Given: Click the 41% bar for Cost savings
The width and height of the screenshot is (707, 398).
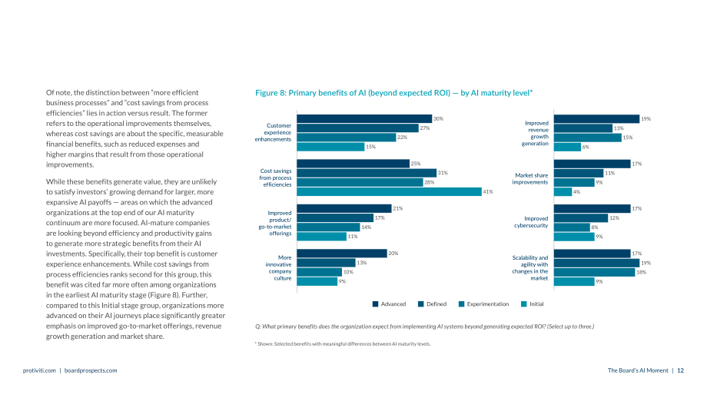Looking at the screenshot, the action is pyautogui.click(x=389, y=191).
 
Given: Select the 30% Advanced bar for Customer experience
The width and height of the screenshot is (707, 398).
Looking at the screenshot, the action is pyautogui.click(x=364, y=118).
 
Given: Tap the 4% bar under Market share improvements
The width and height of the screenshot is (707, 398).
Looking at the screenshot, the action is pyautogui.click(x=563, y=191).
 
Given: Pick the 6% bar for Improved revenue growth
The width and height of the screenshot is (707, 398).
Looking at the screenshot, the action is pyautogui.click(x=568, y=147).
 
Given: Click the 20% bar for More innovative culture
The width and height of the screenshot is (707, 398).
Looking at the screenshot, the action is pyautogui.click(x=342, y=254).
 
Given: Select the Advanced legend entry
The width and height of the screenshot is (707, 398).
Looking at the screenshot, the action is pyautogui.click(x=389, y=304).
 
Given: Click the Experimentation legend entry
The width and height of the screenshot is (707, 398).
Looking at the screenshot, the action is pyautogui.click(x=484, y=304).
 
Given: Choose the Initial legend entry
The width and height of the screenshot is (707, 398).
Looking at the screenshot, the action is pyautogui.click(x=533, y=304).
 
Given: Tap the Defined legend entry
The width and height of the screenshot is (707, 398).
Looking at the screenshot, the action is pyautogui.click(x=433, y=304).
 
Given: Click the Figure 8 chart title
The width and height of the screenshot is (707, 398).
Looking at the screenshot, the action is pyautogui.click(x=394, y=93).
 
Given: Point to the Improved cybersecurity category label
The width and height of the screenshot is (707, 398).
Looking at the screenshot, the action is pyautogui.click(x=531, y=222).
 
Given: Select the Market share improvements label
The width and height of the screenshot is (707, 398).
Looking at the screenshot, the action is pyautogui.click(x=529, y=178).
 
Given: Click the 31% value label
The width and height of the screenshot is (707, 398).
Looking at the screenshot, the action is pyautogui.click(x=443, y=173).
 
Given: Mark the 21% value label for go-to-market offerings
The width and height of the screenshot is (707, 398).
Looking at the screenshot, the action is pyautogui.click(x=398, y=209).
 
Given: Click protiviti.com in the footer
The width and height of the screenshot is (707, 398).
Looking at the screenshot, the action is pyautogui.click(x=39, y=370).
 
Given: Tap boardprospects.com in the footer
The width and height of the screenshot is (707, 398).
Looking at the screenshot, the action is pyautogui.click(x=91, y=370).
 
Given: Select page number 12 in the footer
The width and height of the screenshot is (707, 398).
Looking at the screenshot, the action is pyautogui.click(x=680, y=370).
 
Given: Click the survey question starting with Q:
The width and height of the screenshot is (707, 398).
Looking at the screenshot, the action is pyautogui.click(x=425, y=327).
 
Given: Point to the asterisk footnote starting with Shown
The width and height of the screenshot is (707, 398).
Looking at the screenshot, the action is pyautogui.click(x=343, y=344).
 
